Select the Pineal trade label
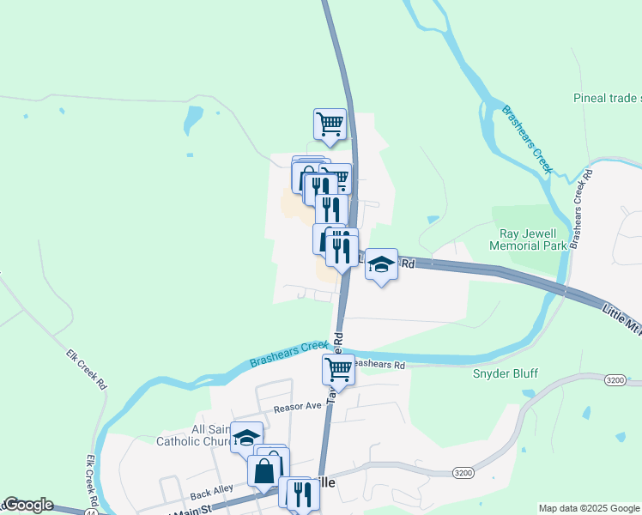point(606,99)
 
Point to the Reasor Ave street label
point(297,408)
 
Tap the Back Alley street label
point(211,494)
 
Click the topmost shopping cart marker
point(330,125)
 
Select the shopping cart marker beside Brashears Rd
point(338,371)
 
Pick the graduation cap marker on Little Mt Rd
point(381,265)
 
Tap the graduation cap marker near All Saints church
point(246,438)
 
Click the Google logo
point(27,505)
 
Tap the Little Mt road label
point(620,316)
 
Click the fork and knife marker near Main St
point(298,494)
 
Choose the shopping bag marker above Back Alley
point(264,471)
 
